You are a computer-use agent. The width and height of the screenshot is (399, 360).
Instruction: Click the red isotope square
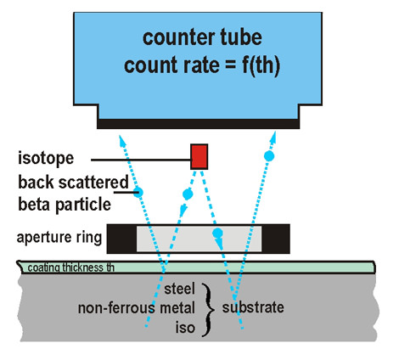coord(199,157)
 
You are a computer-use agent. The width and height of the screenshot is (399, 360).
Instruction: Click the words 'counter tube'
coord(202,37)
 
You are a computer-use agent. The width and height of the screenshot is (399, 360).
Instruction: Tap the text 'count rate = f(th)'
coord(202,65)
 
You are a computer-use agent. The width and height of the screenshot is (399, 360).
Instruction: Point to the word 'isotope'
coord(46,159)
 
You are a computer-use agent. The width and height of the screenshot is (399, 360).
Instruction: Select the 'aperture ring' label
coord(59,238)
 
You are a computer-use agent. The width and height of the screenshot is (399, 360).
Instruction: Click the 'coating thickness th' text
coord(71,267)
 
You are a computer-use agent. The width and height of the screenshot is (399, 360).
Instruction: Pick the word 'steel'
coord(180,289)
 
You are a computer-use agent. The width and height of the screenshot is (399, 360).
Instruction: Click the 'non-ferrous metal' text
coord(137,308)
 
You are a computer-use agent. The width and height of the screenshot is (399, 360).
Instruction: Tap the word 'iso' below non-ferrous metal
coord(185,328)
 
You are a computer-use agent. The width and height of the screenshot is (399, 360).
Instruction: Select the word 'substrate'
coord(253,307)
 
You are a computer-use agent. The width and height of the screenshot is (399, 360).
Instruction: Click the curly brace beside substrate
coord(208,309)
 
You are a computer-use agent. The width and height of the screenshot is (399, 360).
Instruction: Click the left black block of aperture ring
coord(121,239)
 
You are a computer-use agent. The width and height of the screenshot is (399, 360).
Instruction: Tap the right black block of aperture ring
coord(276,239)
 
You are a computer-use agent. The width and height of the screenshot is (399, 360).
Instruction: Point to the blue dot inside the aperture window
coord(217,233)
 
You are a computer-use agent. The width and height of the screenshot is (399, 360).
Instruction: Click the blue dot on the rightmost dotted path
coord(269,155)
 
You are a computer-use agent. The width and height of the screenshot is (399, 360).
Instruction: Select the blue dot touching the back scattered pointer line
coord(138,193)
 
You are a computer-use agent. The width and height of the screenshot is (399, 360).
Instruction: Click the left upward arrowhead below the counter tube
coord(121,141)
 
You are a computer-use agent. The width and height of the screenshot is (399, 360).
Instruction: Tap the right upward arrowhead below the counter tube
coord(273,138)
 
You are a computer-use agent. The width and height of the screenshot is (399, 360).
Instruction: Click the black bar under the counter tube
coord(198,124)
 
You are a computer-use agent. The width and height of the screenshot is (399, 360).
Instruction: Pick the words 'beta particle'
coord(65,205)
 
